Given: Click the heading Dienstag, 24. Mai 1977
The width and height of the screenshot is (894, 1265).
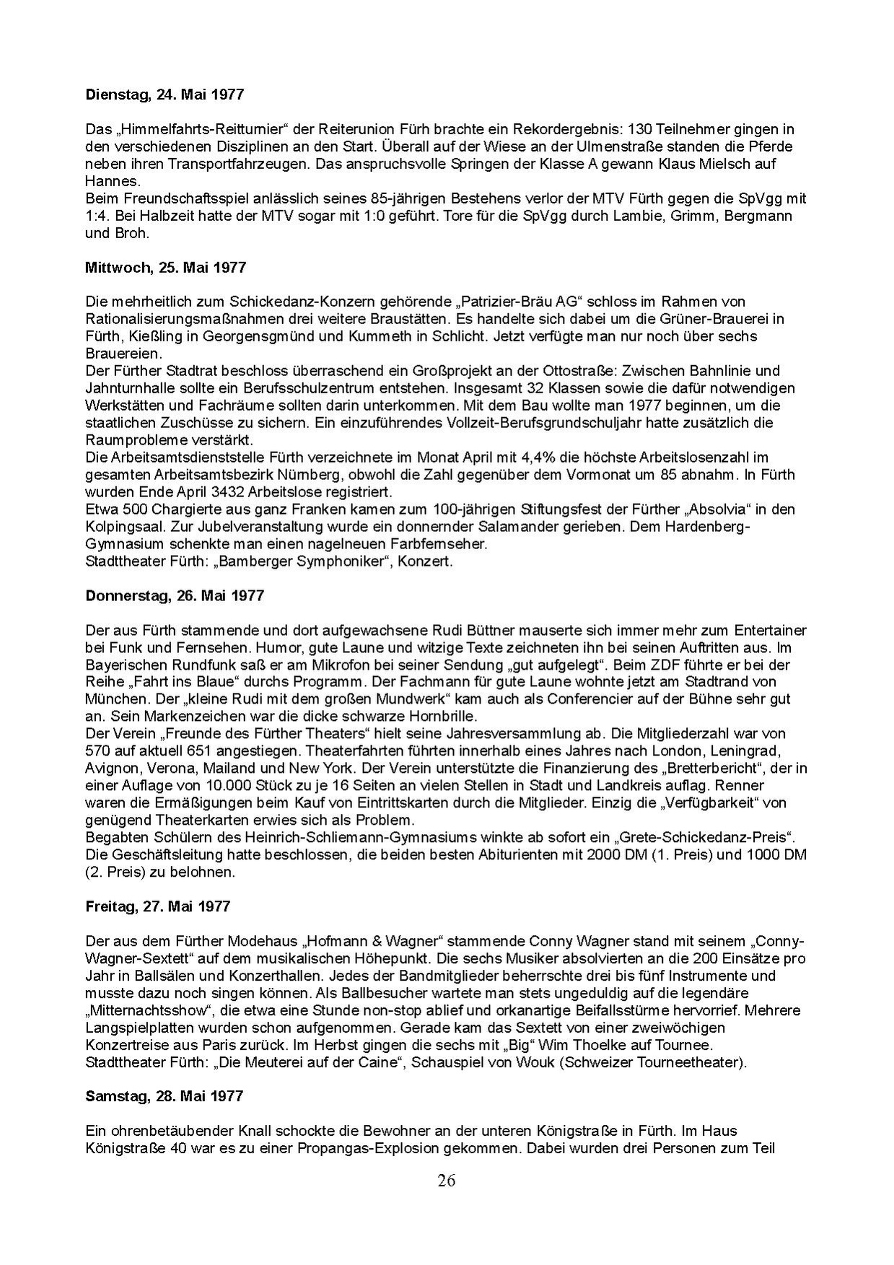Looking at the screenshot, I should pyautogui.click(x=165, y=95).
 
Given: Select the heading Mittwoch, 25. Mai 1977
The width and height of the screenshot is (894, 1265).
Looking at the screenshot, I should pyautogui.click(x=165, y=267).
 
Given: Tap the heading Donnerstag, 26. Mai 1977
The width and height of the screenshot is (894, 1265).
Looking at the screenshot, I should pyautogui.click(x=175, y=595).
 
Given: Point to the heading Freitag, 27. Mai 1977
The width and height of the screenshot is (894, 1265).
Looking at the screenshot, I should pyautogui.click(x=157, y=906).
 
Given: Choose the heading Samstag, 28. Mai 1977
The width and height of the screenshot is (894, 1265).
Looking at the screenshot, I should pyautogui.click(x=165, y=1096).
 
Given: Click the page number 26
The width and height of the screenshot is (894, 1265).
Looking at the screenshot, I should pyautogui.click(x=446, y=1181).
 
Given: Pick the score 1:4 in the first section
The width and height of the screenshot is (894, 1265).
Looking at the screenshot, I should pyautogui.click(x=94, y=216).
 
